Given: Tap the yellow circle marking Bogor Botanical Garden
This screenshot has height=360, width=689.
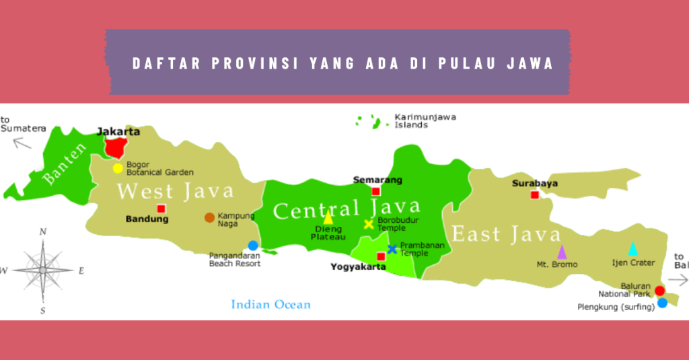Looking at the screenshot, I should [x=118, y=168].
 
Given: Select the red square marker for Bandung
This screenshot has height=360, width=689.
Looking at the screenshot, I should [x=161, y=209].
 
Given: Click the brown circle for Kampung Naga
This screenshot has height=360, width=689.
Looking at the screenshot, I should [x=209, y=217].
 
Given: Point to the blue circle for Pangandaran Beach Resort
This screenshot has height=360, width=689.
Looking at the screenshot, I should [x=253, y=246].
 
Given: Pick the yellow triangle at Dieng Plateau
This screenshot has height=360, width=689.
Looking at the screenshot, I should [x=328, y=217].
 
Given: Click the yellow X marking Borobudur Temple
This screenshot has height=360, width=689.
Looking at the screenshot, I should [x=369, y=224].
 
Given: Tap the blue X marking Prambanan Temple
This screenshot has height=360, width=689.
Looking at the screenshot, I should [x=392, y=249].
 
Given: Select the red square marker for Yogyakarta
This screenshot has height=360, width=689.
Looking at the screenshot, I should [x=381, y=256].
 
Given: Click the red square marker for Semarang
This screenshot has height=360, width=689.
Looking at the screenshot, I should [x=375, y=191].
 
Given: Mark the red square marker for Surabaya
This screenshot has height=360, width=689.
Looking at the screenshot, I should [x=534, y=194].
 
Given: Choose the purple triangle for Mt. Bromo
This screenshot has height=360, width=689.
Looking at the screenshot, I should [x=562, y=252].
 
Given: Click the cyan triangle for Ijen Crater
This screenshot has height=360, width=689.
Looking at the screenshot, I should [x=632, y=249].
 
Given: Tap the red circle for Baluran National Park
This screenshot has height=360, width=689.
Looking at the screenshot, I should [x=659, y=291].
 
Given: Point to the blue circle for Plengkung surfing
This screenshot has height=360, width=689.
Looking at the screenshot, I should [x=662, y=303].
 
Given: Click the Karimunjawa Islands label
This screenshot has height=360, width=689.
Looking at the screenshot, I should [x=425, y=120].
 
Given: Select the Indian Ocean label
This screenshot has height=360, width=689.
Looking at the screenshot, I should [x=270, y=305].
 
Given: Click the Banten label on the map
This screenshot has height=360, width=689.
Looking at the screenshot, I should [x=65, y=163].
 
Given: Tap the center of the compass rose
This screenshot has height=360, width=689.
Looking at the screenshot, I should [x=42, y=270].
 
